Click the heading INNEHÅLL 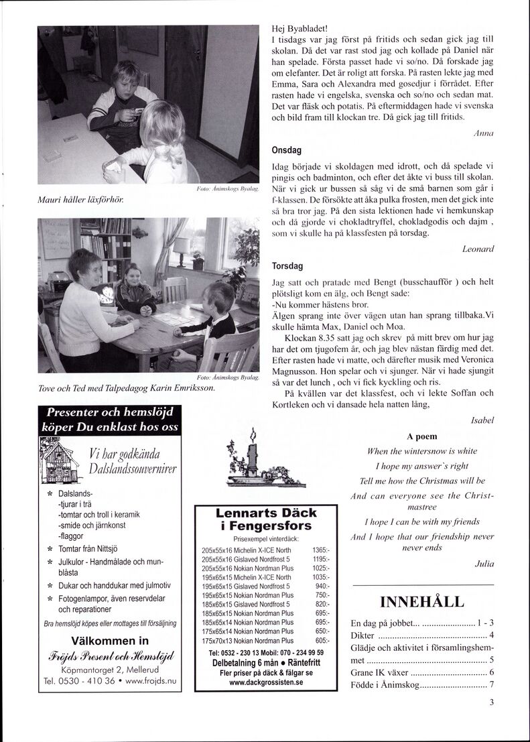(421, 601)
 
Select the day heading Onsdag (286, 150)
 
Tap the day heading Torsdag (287, 265)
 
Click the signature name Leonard (478, 249)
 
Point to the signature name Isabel (482, 420)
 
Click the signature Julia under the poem (484, 564)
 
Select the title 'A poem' (421, 436)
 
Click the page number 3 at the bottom (491, 702)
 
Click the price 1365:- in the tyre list (321, 550)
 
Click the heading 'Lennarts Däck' (266, 513)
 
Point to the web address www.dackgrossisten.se (266, 682)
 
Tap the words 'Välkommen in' (110, 640)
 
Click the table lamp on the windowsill (181, 248)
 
